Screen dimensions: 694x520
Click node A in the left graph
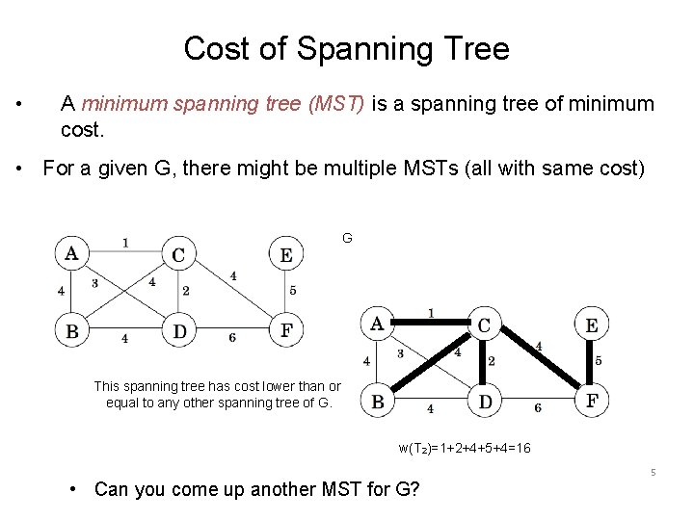[72, 254]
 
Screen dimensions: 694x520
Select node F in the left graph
[285, 331]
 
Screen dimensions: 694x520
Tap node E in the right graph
[591, 325]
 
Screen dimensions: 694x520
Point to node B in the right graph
[378, 401]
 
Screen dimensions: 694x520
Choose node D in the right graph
[485, 401]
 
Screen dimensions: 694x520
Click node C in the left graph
[178, 254]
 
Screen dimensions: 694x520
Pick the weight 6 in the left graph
[232, 338]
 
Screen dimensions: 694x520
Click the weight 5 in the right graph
[599, 361]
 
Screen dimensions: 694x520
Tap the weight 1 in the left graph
[125, 242]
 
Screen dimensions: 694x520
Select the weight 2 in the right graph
[492, 361]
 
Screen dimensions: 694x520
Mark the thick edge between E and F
[591, 362]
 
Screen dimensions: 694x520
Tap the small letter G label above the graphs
[347, 237]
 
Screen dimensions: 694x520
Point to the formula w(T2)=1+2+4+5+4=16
[465, 449]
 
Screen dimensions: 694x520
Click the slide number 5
[653, 473]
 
